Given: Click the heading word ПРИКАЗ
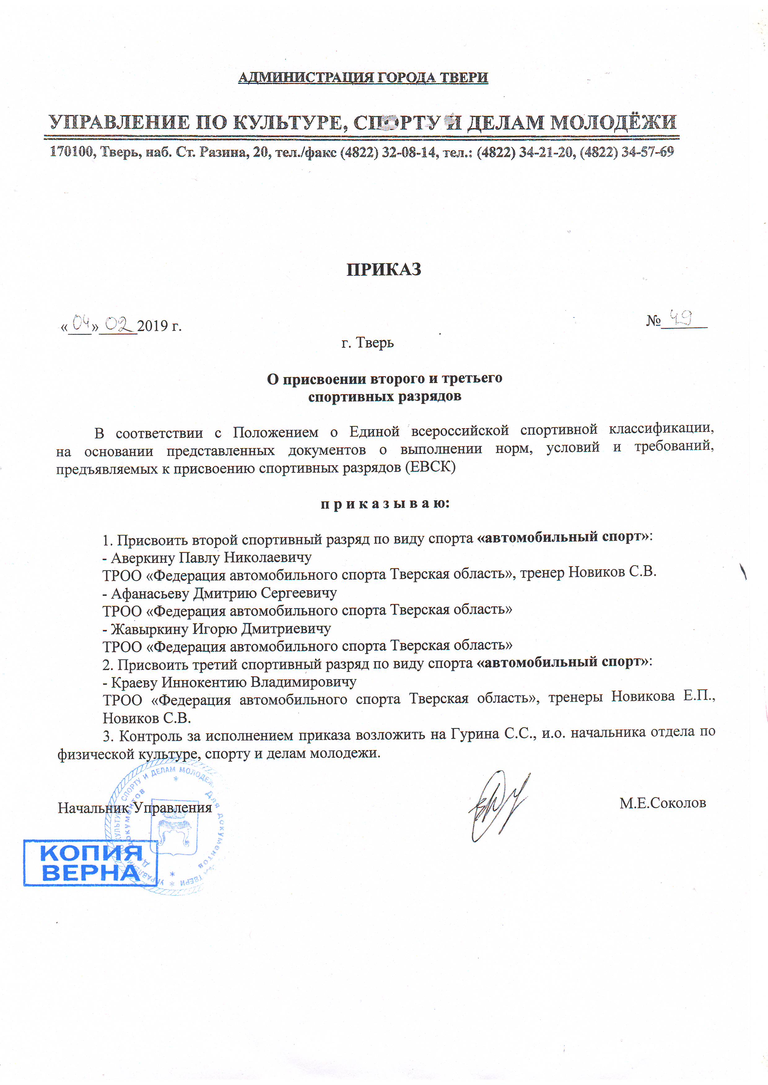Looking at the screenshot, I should click(383, 270).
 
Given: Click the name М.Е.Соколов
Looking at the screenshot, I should click(662, 803).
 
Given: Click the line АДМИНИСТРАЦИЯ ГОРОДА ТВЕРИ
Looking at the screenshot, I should click(363, 77).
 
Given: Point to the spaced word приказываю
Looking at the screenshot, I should click(385, 504).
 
